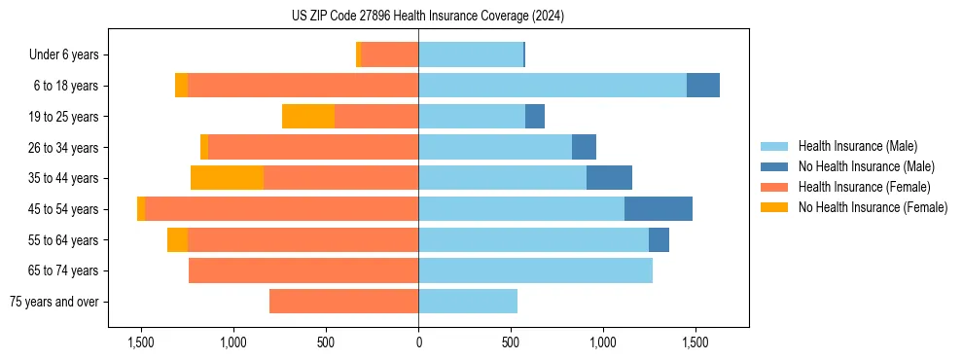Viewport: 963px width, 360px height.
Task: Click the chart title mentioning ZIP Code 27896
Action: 427,17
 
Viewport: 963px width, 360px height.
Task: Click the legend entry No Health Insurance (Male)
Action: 866,166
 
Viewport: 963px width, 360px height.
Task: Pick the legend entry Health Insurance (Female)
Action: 864,187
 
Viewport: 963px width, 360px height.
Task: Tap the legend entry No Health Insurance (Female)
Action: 873,207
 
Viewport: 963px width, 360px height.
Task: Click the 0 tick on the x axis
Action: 418,342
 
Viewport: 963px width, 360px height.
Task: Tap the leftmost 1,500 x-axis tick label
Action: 141,342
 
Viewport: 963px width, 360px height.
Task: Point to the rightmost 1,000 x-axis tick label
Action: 603,342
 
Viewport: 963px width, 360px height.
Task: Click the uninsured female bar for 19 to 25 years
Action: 308,117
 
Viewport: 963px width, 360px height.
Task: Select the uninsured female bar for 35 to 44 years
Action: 227,178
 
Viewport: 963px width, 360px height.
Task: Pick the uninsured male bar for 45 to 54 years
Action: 659,209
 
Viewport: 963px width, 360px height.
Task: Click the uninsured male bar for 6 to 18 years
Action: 703,86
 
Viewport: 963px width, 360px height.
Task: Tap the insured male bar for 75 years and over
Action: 468,302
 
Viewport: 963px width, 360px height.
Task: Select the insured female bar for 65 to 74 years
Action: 303,270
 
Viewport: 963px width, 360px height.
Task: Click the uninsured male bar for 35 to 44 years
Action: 609,178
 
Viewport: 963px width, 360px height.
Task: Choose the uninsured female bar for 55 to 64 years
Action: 177,240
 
